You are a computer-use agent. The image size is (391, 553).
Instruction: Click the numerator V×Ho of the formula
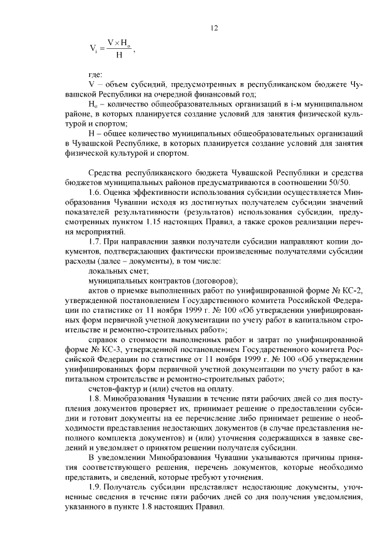tap(118, 42)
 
